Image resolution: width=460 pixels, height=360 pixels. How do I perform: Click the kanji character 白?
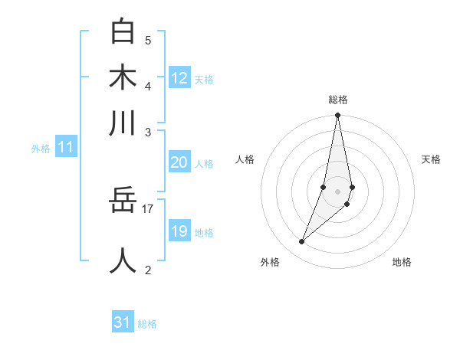pos(123,33)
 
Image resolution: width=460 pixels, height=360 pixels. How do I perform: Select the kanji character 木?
pos(123,79)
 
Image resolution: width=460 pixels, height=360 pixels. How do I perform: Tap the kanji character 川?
pos(123,124)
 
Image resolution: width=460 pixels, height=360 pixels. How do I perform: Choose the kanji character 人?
pos(123,260)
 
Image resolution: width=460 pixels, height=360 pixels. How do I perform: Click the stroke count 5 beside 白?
pos(148,40)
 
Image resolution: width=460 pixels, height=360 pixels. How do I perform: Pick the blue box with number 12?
pos(179,77)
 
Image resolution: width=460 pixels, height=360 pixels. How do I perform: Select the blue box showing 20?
pos(179,162)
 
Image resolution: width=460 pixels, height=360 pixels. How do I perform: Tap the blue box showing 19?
pos(179,231)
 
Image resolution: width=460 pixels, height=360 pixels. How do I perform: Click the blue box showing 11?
pos(65,148)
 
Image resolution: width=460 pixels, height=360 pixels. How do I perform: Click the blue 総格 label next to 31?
pos(147,324)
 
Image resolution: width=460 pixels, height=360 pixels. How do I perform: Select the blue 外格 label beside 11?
pos(41,149)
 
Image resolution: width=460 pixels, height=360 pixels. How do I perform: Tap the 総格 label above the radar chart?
pos(337,100)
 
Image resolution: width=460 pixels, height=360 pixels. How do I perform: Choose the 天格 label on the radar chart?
pos(432,159)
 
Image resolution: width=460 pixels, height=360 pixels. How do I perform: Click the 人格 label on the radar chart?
pos(245,159)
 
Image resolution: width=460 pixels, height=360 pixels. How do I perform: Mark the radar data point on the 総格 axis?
pos(337,116)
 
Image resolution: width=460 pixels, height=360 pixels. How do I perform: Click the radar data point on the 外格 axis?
pos(301,242)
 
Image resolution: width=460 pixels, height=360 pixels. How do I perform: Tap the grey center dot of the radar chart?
pos(337,191)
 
